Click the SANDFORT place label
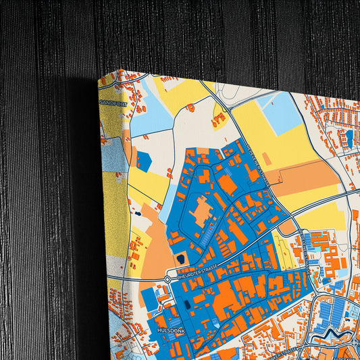[113, 102]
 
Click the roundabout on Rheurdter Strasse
[168, 278]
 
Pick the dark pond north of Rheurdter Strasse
[180, 257]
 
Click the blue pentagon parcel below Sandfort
[143, 160]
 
